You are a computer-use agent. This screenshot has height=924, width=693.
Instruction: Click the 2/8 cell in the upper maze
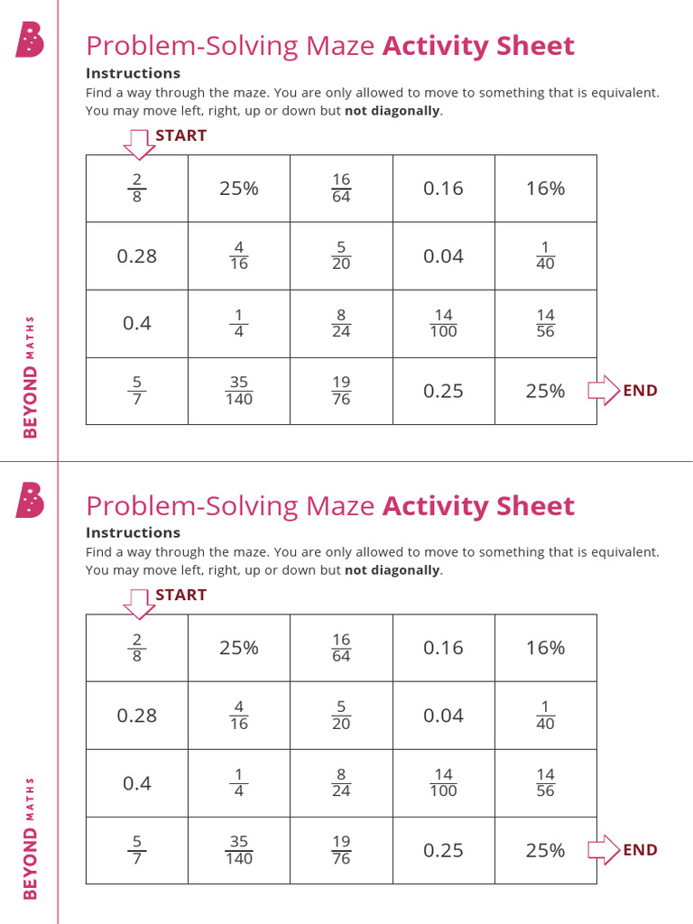pyautogui.click(x=137, y=188)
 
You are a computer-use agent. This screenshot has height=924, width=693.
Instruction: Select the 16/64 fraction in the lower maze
pyautogui.click(x=341, y=648)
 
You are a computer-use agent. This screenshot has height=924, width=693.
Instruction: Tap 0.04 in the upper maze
pyautogui.click(x=443, y=255)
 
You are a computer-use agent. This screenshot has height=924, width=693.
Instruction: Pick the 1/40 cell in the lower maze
pyautogui.click(x=545, y=715)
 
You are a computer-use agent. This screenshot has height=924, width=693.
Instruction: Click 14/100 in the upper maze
pyautogui.click(x=443, y=323)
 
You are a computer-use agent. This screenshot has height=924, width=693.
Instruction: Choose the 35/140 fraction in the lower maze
pyautogui.click(x=238, y=850)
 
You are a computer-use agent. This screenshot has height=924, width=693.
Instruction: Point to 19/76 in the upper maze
pyautogui.click(x=341, y=391)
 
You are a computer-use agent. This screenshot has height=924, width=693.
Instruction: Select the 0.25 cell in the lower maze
pyautogui.click(x=443, y=850)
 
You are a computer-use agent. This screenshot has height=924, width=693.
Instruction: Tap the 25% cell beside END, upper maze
pyautogui.click(x=545, y=391)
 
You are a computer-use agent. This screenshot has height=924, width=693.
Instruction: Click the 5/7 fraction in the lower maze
pyautogui.click(x=137, y=850)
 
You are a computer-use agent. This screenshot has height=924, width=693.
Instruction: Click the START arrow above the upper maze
pyautogui.click(x=139, y=145)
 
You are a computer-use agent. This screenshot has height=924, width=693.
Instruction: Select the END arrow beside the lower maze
pyautogui.click(x=604, y=850)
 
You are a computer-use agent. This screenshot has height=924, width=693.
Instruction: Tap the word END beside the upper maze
pyautogui.click(x=640, y=391)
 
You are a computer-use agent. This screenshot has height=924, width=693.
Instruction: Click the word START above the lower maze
pyautogui.click(x=180, y=595)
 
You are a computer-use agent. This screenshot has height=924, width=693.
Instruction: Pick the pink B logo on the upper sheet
pyautogui.click(x=30, y=40)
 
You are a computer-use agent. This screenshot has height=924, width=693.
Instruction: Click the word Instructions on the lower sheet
pyautogui.click(x=134, y=532)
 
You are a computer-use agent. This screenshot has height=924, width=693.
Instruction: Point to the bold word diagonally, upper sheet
pyautogui.click(x=393, y=111)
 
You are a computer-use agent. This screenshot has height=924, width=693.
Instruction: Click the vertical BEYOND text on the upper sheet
pyautogui.click(x=30, y=402)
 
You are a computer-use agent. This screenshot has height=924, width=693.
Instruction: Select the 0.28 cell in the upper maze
pyautogui.click(x=137, y=255)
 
